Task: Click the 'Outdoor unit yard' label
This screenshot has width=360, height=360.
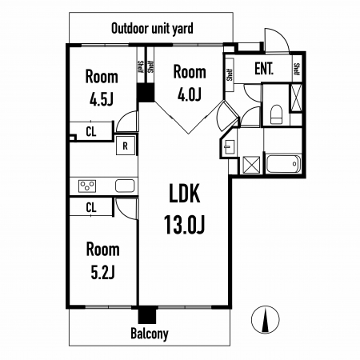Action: [152, 29]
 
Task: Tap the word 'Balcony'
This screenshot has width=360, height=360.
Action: [150, 334]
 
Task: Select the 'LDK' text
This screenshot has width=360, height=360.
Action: [184, 194]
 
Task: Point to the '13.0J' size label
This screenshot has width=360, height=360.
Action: [184, 225]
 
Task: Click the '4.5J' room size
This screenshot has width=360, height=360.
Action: [102, 100]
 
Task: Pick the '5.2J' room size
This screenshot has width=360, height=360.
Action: [102, 272]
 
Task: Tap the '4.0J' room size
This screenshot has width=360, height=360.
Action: [190, 94]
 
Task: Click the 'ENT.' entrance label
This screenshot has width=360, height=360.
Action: [264, 69]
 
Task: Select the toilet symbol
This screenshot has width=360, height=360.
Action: [276, 114]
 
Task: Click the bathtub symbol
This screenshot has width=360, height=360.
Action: [283, 164]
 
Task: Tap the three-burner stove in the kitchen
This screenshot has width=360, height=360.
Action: [87, 186]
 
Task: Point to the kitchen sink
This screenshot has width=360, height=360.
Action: [125, 186]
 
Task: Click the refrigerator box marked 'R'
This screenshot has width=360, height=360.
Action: [125, 146]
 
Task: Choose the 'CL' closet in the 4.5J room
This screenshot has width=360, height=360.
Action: [91, 131]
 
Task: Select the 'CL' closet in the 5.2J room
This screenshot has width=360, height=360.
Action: [91, 207]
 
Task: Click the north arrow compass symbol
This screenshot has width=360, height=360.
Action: [266, 320]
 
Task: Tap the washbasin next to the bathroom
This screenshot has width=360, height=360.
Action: [229, 147]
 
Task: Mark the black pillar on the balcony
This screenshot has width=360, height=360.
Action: [147, 314]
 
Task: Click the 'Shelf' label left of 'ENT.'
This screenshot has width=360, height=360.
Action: [230, 75]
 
